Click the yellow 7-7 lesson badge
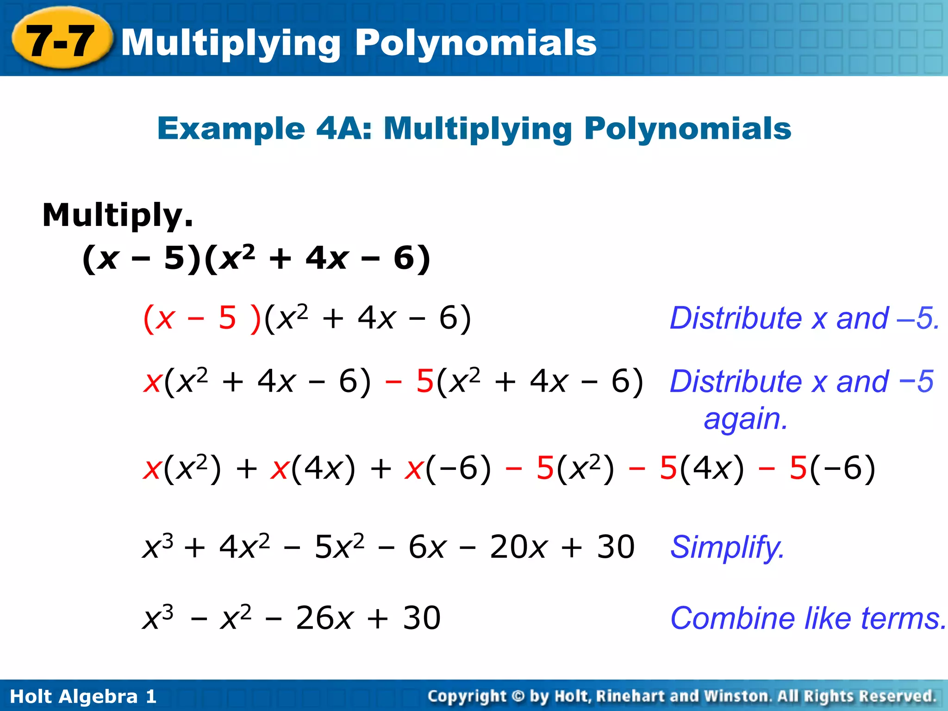pyautogui.click(x=61, y=41)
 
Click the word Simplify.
pyautogui.click(x=727, y=547)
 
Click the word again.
pyautogui.click(x=745, y=419)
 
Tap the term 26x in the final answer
pyautogui.click(x=324, y=618)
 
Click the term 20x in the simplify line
pyautogui.click(x=518, y=547)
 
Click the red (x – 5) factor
pyautogui.click(x=202, y=318)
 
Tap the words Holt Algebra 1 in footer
pyautogui.click(x=83, y=697)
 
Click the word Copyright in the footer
pyautogui.click(x=467, y=696)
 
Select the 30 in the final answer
pyautogui.click(x=422, y=618)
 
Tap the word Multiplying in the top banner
pyautogui.click(x=231, y=43)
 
